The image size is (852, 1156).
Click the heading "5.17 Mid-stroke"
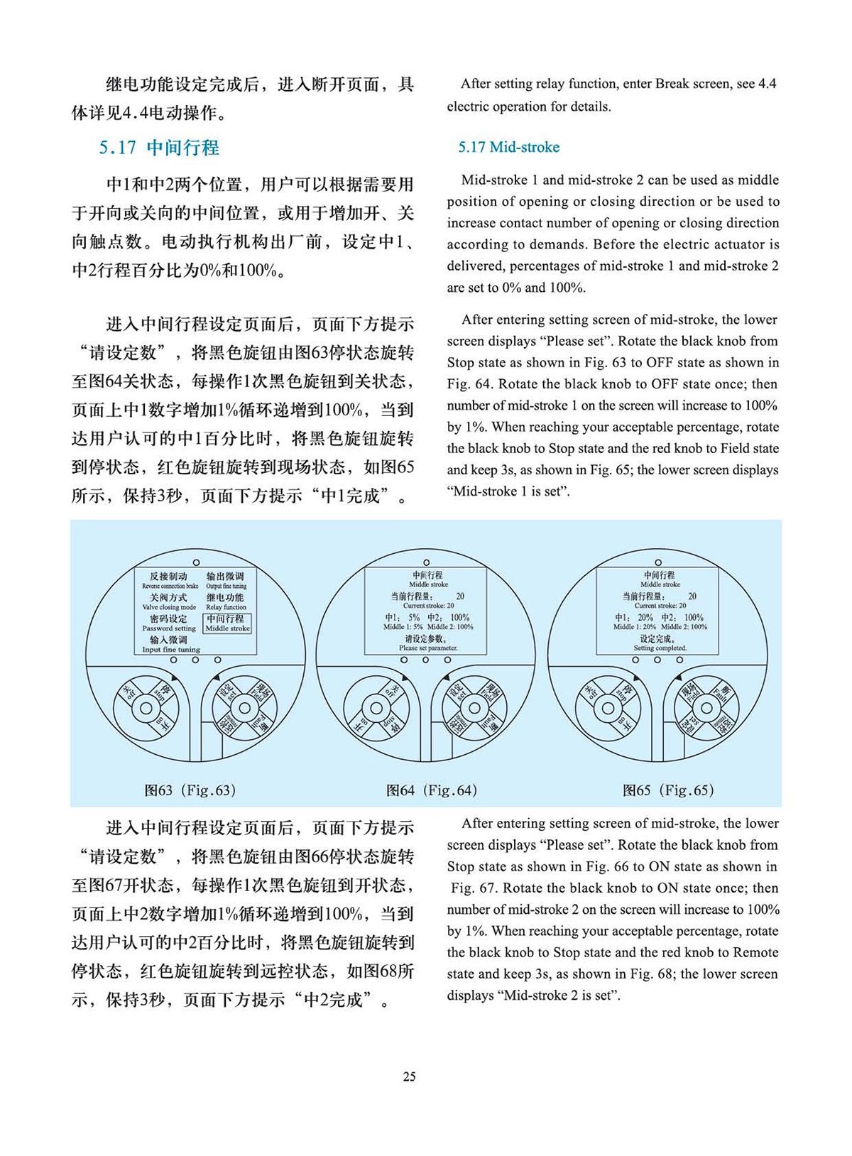click(508, 147)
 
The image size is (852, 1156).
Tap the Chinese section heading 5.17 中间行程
click(159, 148)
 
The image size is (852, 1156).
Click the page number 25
click(410, 1076)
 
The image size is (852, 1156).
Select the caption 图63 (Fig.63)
click(190, 790)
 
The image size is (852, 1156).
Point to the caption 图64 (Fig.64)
click(432, 790)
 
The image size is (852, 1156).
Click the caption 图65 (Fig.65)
click(668, 790)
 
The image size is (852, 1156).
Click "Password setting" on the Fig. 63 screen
click(169, 628)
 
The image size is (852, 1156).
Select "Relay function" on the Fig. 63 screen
click(226, 607)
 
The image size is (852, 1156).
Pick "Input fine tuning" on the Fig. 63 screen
click(171, 649)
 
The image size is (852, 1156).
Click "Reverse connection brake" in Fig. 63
click(170, 587)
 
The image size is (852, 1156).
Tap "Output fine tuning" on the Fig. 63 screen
click(226, 587)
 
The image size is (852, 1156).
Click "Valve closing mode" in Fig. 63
click(169, 607)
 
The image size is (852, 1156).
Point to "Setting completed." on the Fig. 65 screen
click(660, 648)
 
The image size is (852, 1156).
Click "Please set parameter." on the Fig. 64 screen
click(428, 648)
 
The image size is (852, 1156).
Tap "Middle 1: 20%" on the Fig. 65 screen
click(635, 627)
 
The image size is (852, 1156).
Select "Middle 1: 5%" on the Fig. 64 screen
click(403, 627)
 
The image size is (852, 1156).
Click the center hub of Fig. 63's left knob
click(146, 708)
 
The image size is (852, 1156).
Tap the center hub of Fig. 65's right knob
click(706, 708)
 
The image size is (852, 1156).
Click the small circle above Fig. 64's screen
click(426, 563)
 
